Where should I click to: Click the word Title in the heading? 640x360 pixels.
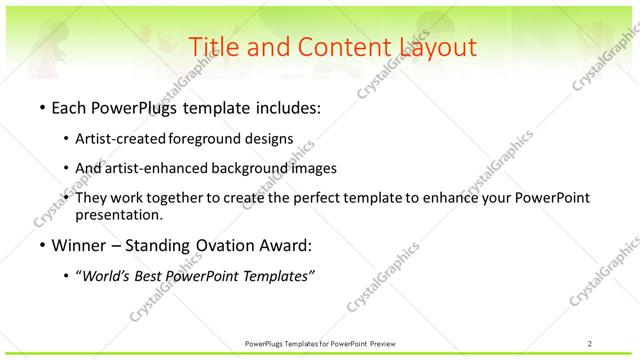pos(212,46)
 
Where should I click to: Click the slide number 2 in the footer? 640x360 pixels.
pos(590,343)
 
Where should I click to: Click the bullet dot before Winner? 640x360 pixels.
pos(41,245)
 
